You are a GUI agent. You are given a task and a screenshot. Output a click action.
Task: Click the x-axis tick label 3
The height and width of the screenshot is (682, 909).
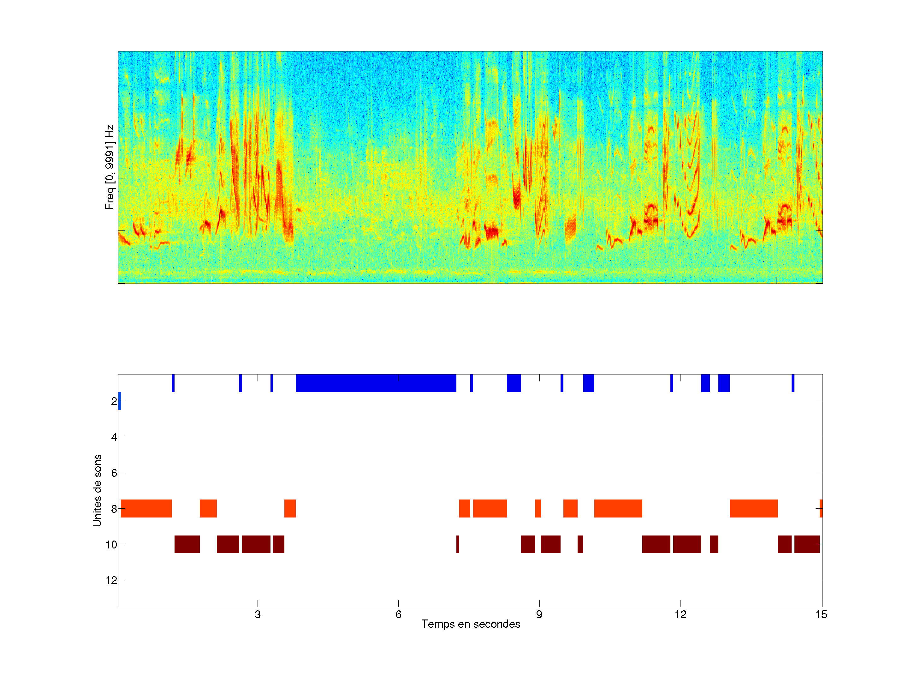(257, 614)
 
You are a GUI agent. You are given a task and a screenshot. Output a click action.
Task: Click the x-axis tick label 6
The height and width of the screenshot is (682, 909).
(398, 614)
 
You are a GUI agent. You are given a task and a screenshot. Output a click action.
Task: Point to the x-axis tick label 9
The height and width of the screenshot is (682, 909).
(539, 614)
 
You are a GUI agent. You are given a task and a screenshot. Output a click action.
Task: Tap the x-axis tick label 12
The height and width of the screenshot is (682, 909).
(680, 614)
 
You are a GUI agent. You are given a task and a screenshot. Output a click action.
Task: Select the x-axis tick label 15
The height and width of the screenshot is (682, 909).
(821, 614)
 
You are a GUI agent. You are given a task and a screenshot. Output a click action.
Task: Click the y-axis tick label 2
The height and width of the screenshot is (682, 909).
(114, 401)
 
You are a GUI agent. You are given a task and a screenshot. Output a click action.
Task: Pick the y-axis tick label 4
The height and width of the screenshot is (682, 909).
(114, 437)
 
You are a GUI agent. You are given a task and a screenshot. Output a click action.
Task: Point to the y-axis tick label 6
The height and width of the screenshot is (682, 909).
(114, 473)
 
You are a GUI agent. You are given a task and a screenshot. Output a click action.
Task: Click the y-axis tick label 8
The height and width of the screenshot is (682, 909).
(114, 509)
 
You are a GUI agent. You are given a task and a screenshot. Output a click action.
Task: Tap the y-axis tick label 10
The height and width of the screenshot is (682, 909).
(111, 545)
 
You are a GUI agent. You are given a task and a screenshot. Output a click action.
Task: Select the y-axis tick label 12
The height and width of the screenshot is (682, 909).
(111, 580)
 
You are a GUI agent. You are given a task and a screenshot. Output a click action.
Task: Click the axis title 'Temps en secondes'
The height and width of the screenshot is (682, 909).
(471, 624)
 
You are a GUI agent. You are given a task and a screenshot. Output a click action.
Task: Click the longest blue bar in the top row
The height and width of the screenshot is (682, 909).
(376, 383)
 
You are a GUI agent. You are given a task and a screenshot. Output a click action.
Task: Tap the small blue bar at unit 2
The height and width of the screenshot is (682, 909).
(120, 401)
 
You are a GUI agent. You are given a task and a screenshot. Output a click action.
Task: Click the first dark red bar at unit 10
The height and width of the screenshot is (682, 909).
(187, 544)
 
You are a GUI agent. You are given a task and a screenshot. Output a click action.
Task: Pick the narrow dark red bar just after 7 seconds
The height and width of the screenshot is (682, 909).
(458, 544)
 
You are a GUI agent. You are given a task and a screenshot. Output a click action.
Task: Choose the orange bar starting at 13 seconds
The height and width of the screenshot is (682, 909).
(753, 509)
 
